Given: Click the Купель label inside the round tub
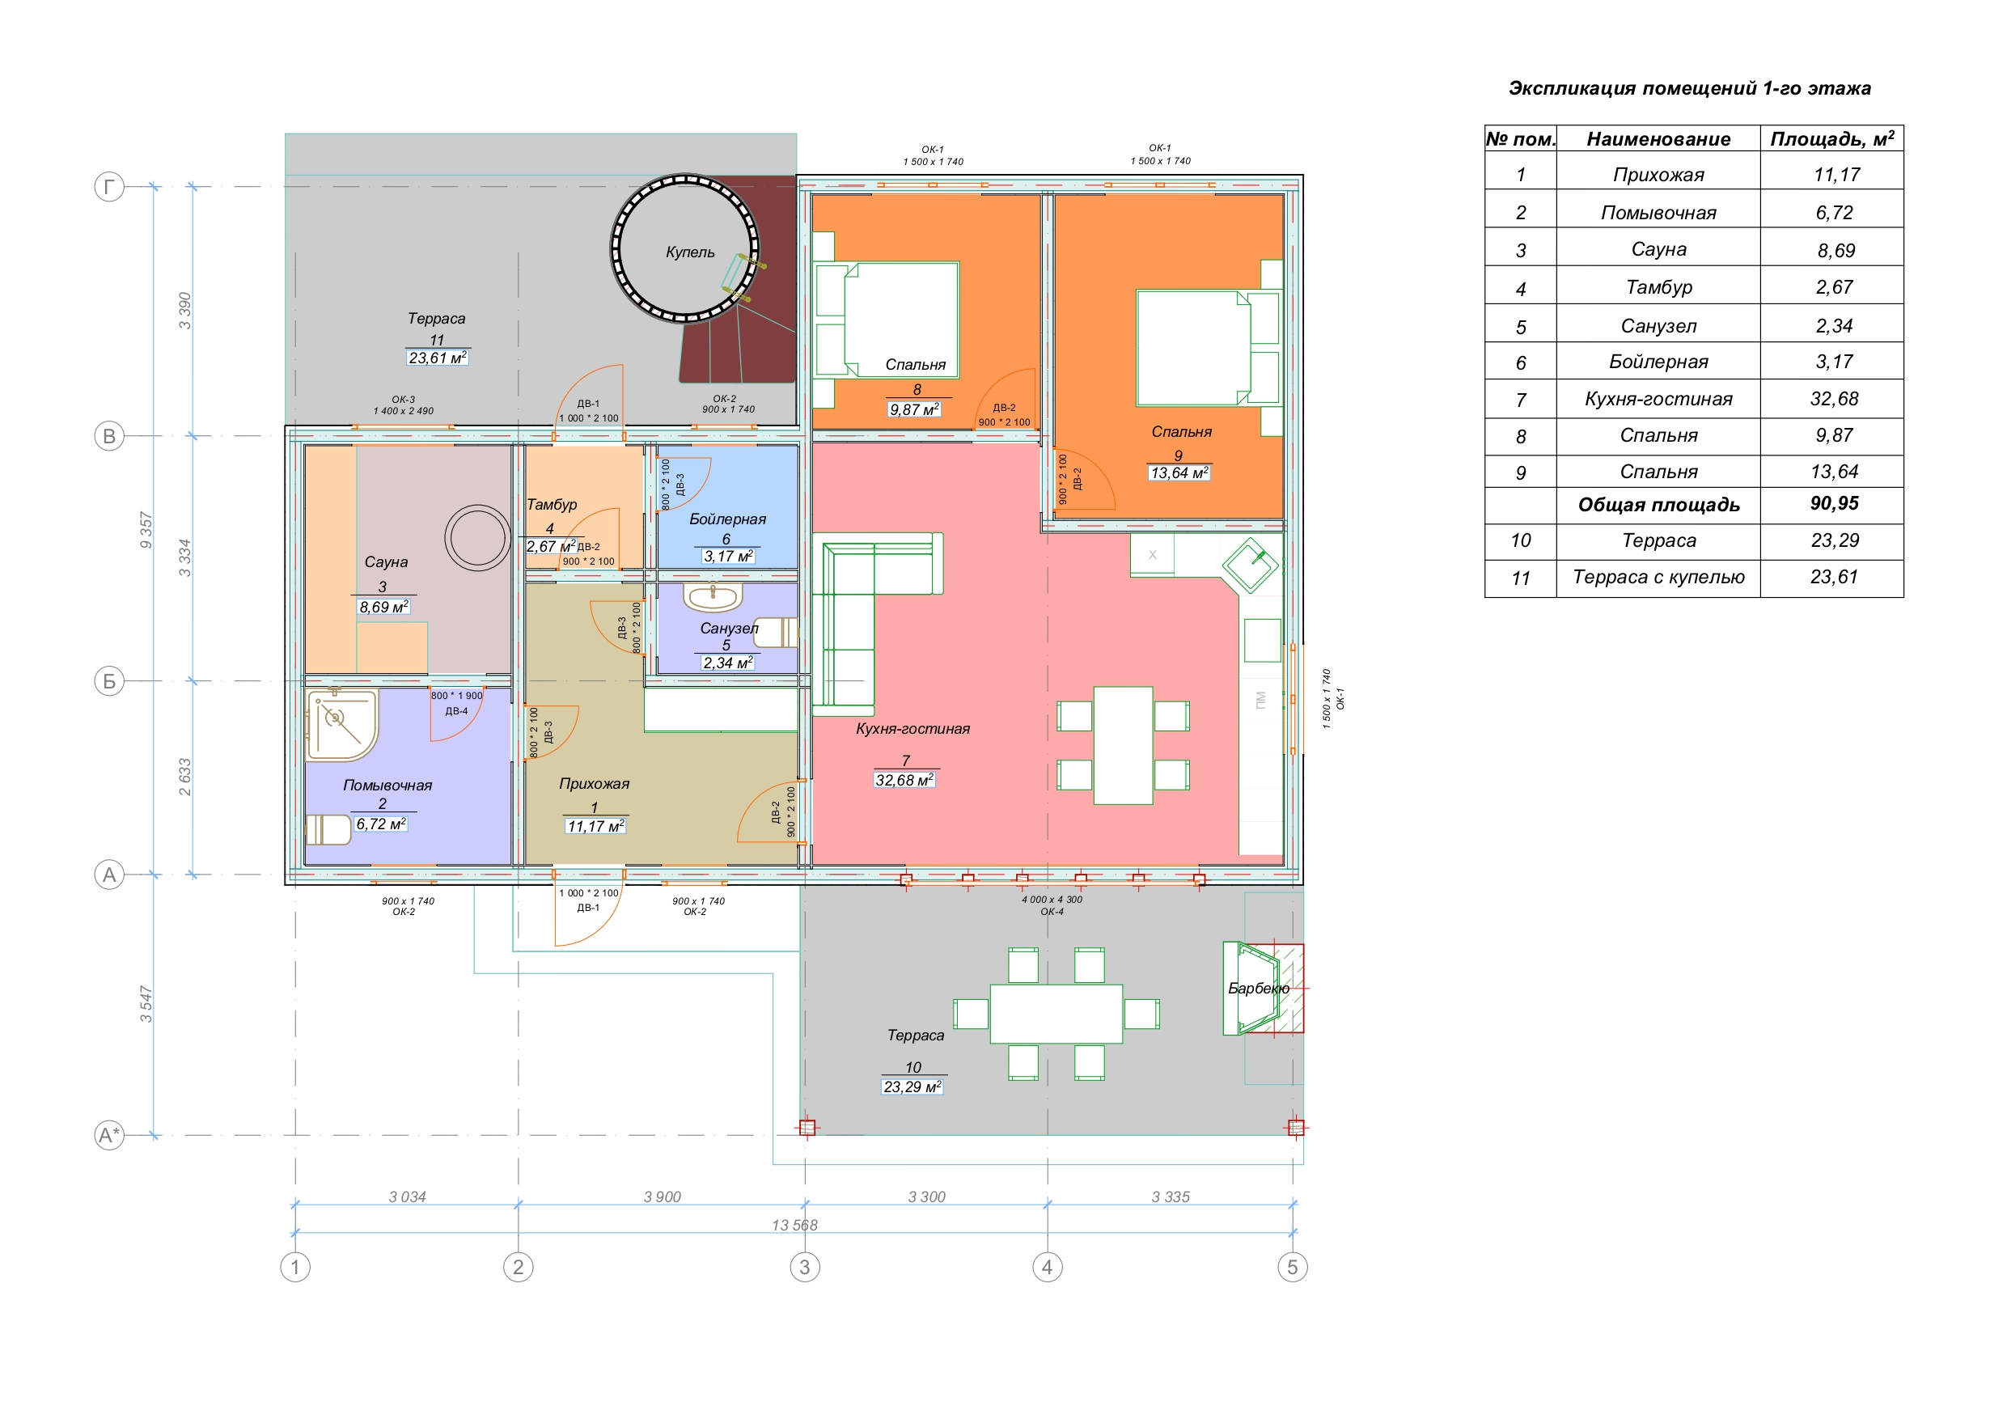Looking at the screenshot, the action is [690, 252].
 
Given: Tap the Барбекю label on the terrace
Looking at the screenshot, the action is [1258, 988].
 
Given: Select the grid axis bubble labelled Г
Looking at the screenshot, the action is [109, 187].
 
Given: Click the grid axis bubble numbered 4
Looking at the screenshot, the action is [1048, 1267].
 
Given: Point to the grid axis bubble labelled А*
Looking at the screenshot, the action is [109, 1136].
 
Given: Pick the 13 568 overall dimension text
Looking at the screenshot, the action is [794, 1226].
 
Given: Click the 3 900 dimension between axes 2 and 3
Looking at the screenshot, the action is [662, 1197].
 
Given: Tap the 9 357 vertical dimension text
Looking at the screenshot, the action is [146, 531].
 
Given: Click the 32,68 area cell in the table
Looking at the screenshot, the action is [1834, 399].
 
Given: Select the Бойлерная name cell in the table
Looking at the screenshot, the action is [1658, 362].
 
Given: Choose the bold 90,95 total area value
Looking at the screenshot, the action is [1834, 503].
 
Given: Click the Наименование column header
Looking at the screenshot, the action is [1658, 139].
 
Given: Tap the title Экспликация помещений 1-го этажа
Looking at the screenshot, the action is [1690, 88].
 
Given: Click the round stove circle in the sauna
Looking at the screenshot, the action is [477, 538].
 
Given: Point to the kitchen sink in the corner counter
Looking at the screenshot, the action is [1251, 565].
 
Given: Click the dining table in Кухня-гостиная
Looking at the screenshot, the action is [1124, 746].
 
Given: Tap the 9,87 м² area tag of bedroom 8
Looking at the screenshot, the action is [914, 409].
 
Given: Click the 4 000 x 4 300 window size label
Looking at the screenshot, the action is [1052, 899].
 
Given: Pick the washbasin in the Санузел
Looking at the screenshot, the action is [713, 597].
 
